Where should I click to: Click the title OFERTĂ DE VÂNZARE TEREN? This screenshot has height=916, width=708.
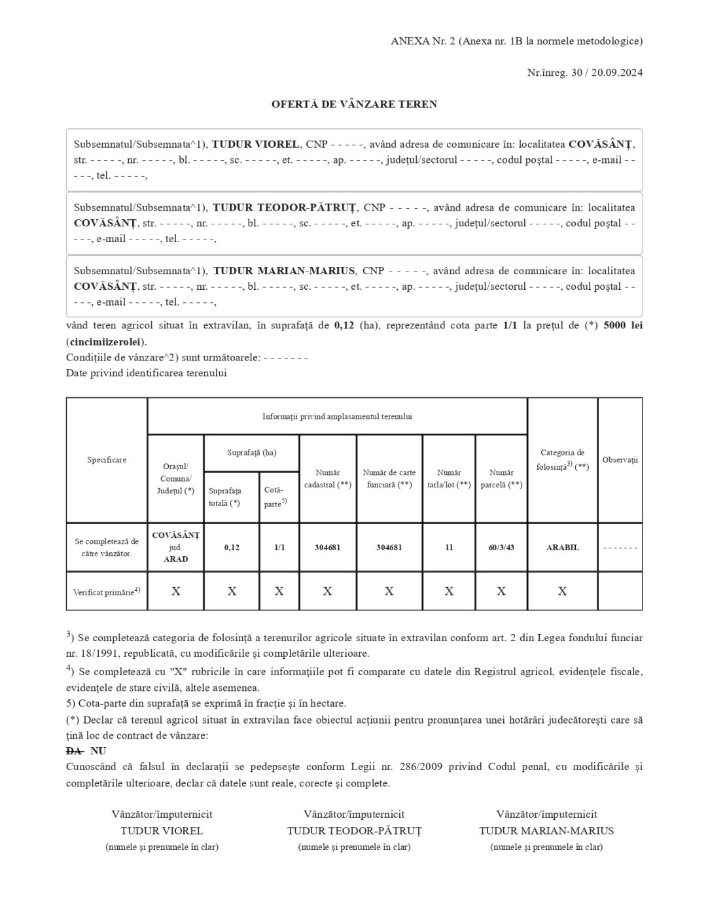coord(354,104)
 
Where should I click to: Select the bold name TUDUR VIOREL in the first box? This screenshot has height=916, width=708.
coord(256,144)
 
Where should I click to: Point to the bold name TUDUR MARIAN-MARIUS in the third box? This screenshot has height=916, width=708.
coord(284,270)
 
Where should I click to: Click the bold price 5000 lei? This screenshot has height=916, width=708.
coord(623,325)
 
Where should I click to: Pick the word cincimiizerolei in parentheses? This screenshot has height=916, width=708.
coord(106,342)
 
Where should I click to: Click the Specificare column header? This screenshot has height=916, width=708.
coord(107,460)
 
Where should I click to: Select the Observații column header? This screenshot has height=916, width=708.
coord(620,460)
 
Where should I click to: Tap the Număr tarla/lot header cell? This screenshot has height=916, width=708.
coord(449,478)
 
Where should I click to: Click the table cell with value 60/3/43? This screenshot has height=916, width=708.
coord(501,548)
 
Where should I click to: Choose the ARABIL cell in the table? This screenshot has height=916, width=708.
coord(562,548)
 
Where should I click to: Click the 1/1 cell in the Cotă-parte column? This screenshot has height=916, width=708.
coord(279,548)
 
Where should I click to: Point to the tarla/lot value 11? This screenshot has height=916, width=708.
coord(449,548)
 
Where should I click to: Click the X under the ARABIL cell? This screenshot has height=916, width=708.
coord(562,591)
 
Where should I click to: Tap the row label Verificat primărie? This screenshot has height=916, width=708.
coord(107,591)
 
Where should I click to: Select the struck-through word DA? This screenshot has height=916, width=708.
coord(74,751)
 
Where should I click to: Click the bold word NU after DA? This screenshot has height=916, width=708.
coord(98,751)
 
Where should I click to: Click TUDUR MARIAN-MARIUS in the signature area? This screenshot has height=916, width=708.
coord(546,831)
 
